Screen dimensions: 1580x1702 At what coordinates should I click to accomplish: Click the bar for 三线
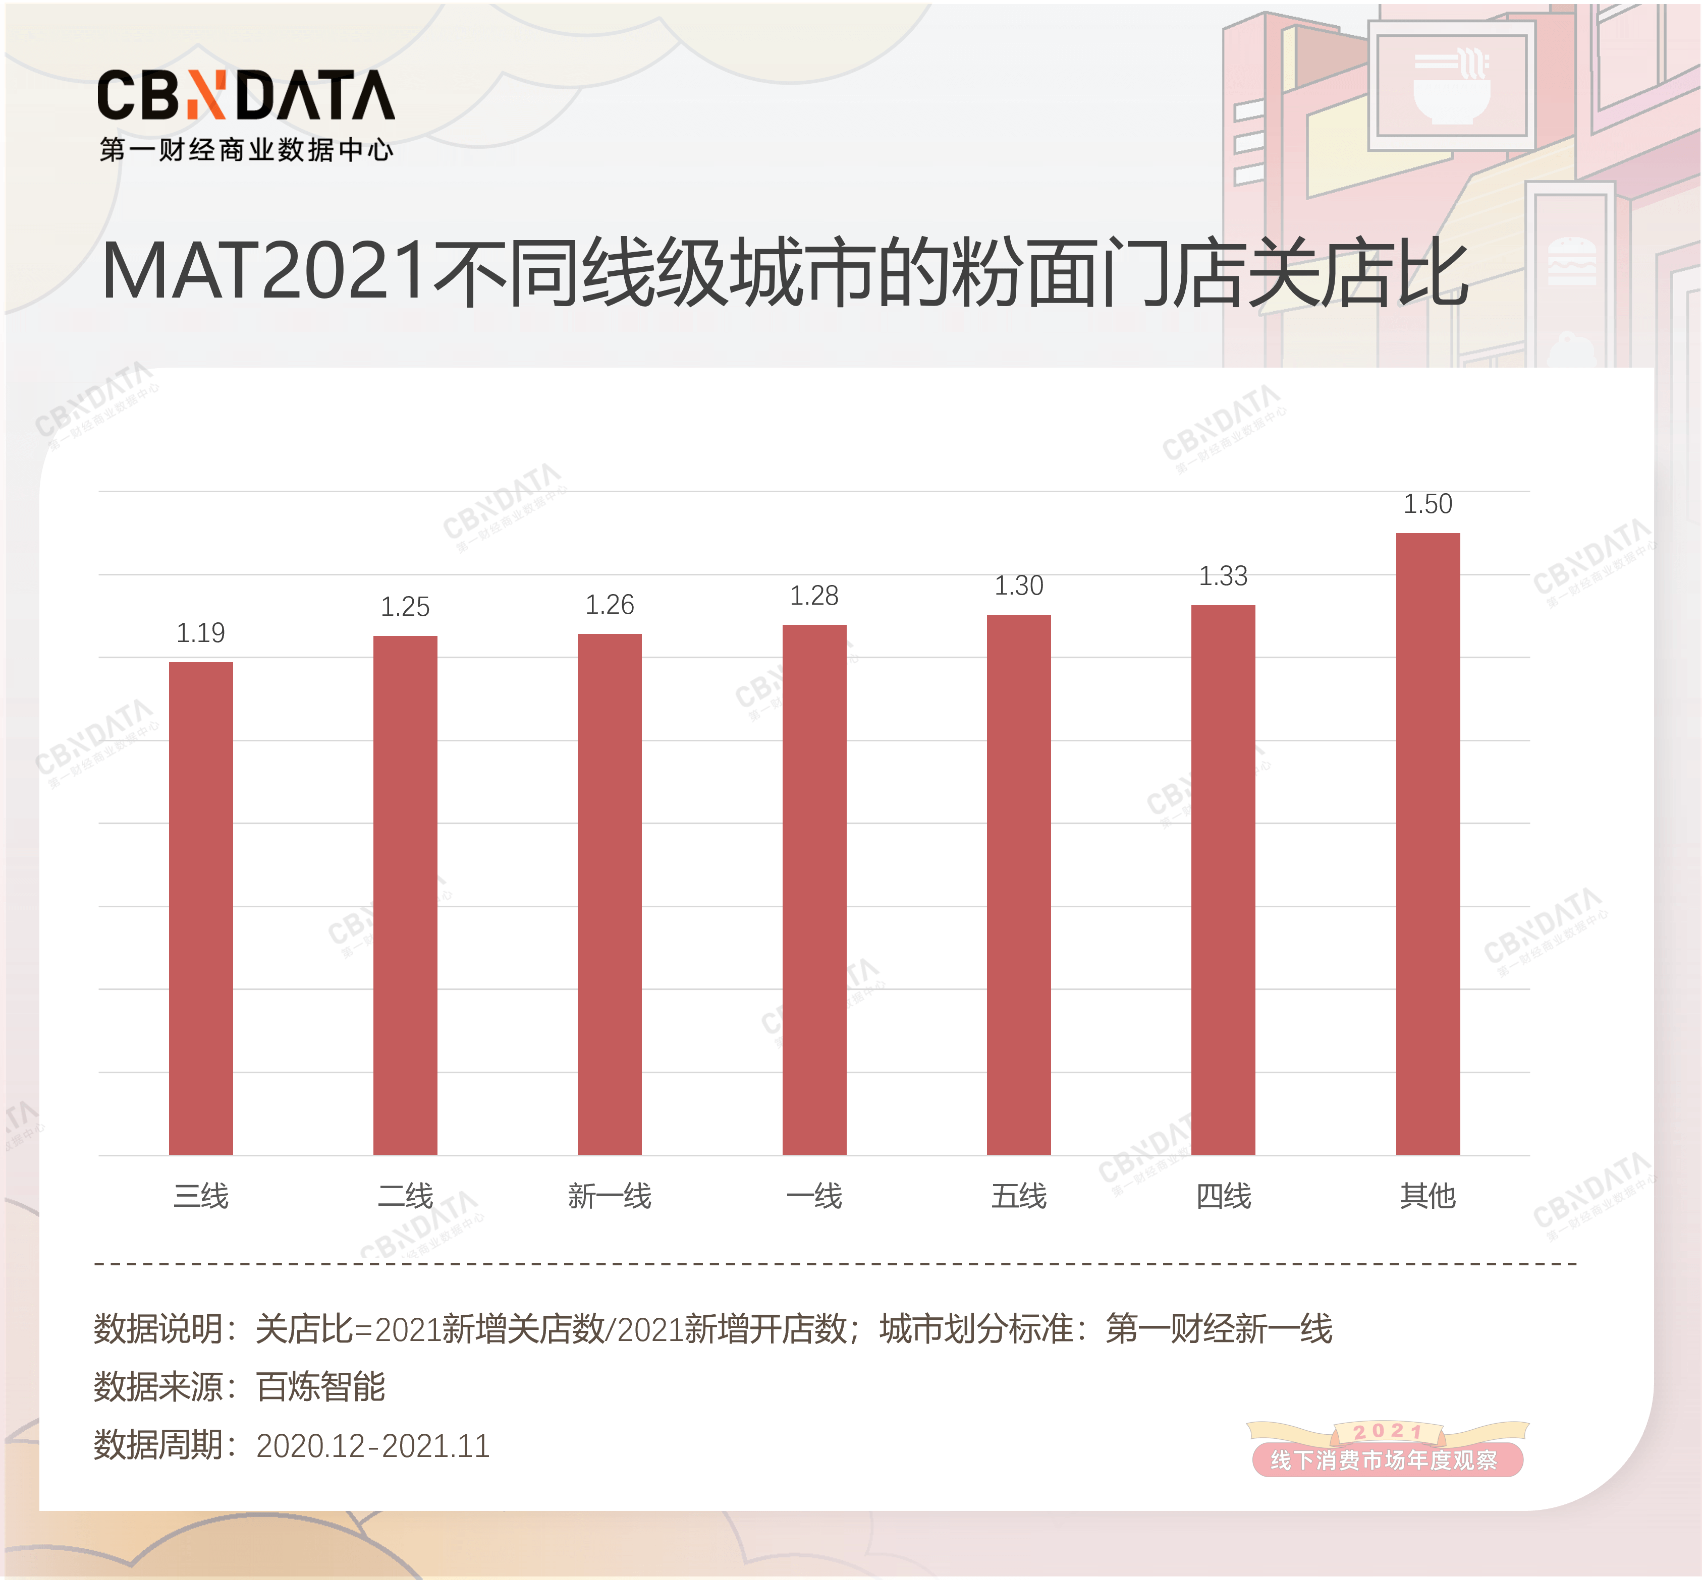point(201,908)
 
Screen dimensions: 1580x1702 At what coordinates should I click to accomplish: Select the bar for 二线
point(405,895)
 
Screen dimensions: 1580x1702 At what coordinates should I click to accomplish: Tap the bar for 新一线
point(610,894)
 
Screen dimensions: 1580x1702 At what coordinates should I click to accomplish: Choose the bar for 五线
point(1019,885)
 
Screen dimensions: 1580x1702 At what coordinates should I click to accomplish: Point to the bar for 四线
point(1223,880)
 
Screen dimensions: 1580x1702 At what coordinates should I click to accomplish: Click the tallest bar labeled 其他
point(1428,844)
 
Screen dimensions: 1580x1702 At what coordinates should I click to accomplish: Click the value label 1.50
point(1428,504)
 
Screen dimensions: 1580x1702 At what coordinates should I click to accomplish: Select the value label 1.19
point(201,633)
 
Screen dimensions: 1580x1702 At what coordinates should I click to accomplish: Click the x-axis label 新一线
point(610,1195)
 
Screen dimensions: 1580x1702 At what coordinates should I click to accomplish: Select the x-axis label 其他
point(1428,1195)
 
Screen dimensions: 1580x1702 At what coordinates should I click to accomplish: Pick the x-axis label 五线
point(1019,1195)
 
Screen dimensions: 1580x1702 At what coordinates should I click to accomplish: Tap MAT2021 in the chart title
point(263,272)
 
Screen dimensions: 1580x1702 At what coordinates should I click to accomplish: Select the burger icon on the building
point(1572,261)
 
